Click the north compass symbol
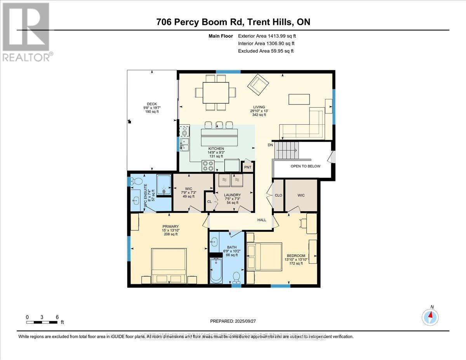(x=430, y=317)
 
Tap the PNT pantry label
(x=247, y=167)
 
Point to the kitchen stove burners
(x=208, y=166)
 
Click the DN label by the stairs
(x=270, y=145)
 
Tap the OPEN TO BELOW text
(x=306, y=166)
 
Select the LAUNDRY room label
(x=233, y=195)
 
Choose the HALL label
(x=262, y=220)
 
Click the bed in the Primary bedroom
(x=169, y=266)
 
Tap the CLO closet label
(x=278, y=195)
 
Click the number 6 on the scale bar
(x=57, y=317)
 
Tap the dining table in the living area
(x=216, y=92)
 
